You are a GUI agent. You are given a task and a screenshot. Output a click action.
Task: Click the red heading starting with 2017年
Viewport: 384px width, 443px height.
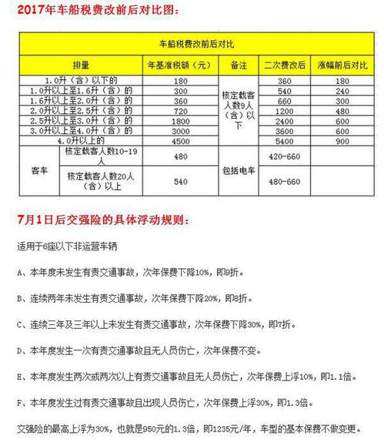pos(95,11)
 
